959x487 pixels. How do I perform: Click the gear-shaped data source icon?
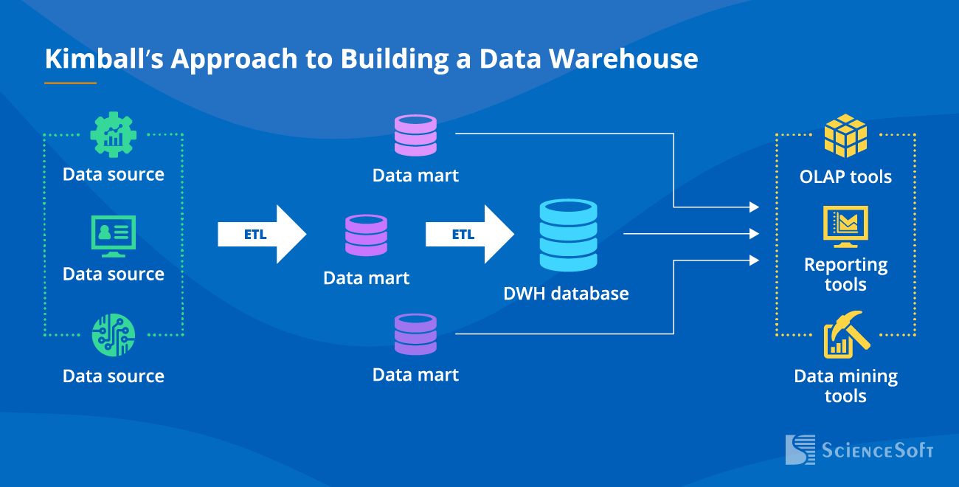pyautogui.click(x=113, y=134)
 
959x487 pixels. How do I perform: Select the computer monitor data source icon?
pyautogui.click(x=113, y=235)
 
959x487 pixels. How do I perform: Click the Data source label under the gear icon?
pyautogui.click(x=113, y=175)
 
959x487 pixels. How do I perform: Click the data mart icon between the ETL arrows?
pyautogui.click(x=366, y=235)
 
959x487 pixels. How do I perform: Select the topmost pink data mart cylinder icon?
pyautogui.click(x=415, y=135)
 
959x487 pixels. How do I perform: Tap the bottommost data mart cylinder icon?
pyautogui.click(x=415, y=334)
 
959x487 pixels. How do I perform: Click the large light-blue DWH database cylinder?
pyautogui.click(x=567, y=235)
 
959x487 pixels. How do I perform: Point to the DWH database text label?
pyautogui.click(x=566, y=294)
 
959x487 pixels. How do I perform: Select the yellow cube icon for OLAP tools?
pyautogui.click(x=845, y=136)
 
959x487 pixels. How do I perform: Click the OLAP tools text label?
pyautogui.click(x=845, y=177)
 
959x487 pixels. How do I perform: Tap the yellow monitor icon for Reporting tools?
pyautogui.click(x=845, y=226)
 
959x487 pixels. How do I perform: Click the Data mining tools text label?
pyautogui.click(x=845, y=386)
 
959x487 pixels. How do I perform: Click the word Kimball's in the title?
pyautogui.click(x=103, y=59)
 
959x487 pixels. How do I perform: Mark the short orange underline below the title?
pyautogui.click(x=70, y=83)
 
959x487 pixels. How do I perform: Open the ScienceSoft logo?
pyautogui.click(x=859, y=449)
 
